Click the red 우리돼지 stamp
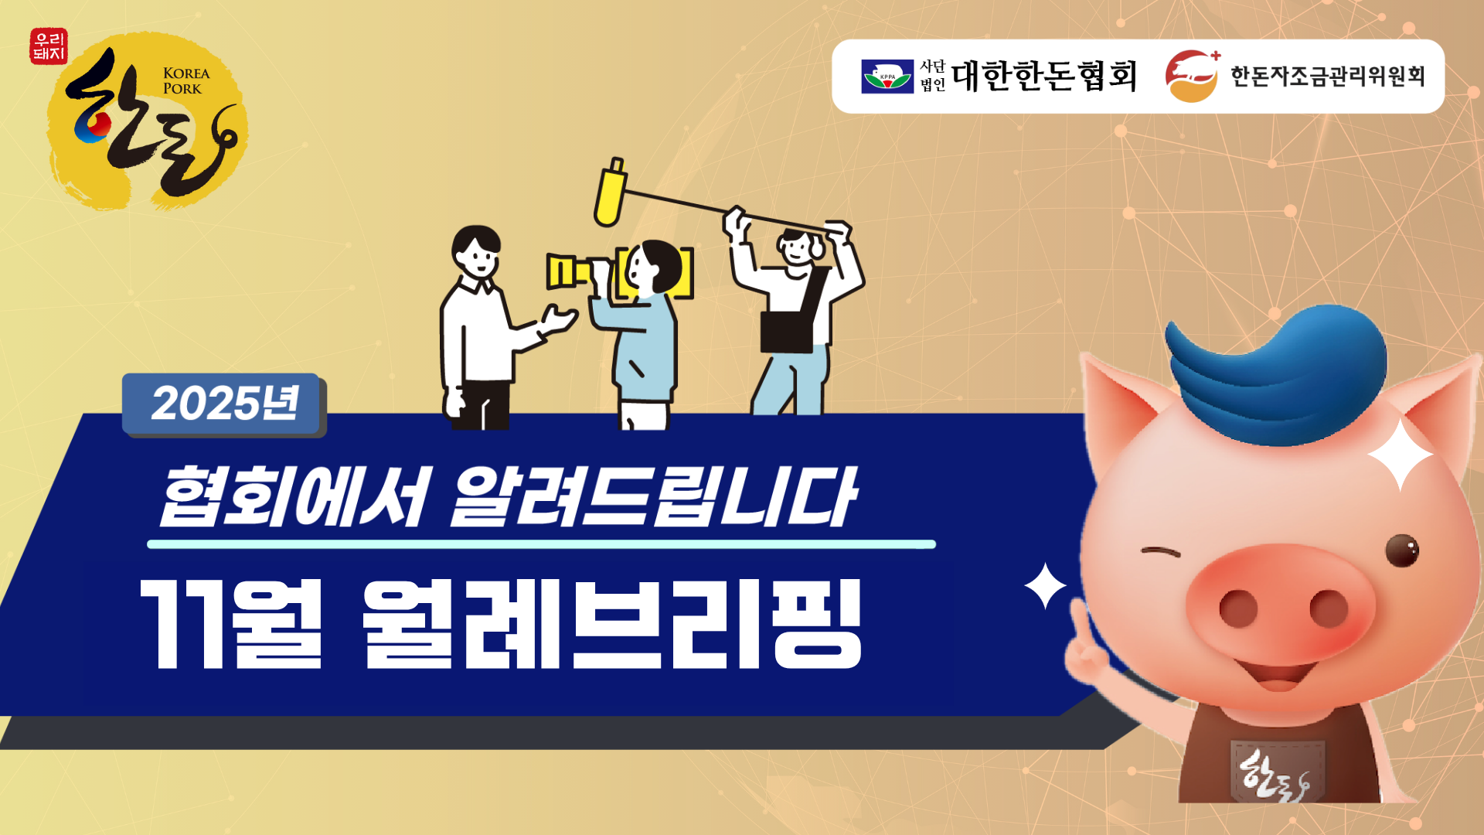(x=49, y=46)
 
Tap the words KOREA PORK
(x=186, y=80)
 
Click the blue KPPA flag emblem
(x=887, y=77)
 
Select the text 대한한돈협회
(x=1044, y=76)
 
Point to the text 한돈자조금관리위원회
(x=1328, y=76)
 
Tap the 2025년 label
(x=224, y=404)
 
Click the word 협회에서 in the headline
(x=293, y=496)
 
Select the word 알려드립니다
(x=653, y=496)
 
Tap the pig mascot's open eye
(x=1402, y=550)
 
